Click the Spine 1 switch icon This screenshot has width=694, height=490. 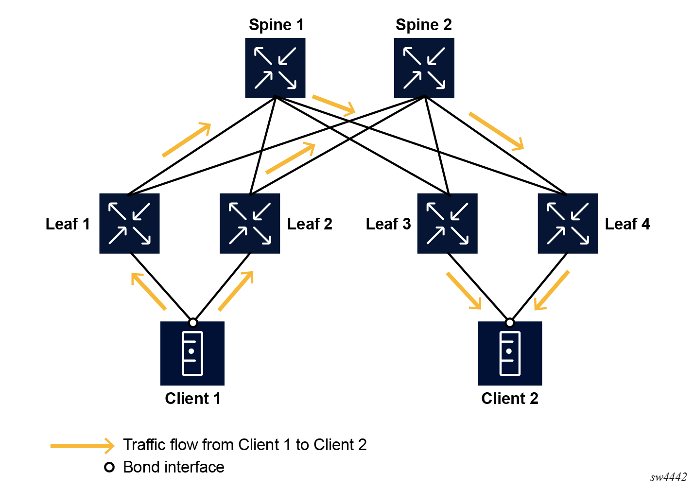click(275, 68)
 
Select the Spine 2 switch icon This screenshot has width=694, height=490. click(424, 68)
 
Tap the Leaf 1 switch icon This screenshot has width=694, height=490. click(129, 224)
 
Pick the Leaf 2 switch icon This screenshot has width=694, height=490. click(250, 224)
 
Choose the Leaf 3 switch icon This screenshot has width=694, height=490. click(447, 224)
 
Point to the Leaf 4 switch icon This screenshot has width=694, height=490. click(568, 224)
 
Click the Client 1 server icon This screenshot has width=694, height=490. click(192, 353)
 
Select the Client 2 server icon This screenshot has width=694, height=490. click(510, 353)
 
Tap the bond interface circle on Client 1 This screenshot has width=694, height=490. click(193, 323)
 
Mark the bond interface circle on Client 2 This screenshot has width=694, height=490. click(509, 323)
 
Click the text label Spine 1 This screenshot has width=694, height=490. click(276, 25)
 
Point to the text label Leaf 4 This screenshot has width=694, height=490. click(627, 224)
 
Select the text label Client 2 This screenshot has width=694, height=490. click(510, 399)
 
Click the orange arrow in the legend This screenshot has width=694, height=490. click(83, 445)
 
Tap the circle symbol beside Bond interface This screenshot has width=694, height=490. click(109, 467)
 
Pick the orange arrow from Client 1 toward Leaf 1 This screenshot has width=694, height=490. click(149, 291)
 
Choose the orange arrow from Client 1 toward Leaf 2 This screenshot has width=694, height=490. click(236, 290)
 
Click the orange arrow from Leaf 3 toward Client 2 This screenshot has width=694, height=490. click(464, 291)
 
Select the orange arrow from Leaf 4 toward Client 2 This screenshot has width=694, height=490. click(552, 290)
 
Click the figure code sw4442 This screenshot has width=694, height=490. click(668, 477)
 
